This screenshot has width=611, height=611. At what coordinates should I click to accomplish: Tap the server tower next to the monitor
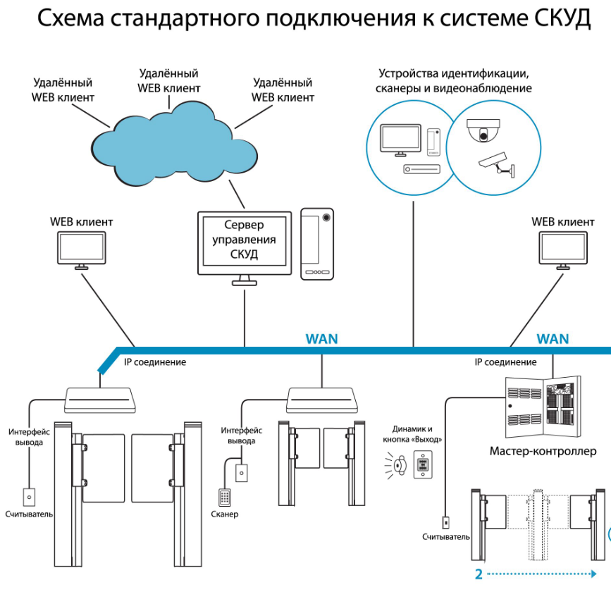[x=316, y=243]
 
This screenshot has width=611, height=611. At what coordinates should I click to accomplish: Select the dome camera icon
[x=483, y=130]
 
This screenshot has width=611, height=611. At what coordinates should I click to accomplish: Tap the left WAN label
[x=321, y=339]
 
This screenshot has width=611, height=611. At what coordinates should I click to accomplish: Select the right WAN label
[x=553, y=339]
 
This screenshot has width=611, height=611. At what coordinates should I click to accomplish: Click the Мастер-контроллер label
[x=543, y=450]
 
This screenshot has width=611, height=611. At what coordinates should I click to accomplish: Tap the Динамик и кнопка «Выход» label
[x=418, y=433]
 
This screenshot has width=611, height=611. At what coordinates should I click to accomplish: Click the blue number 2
[x=479, y=574]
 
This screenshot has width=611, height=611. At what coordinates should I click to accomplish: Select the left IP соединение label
[x=155, y=362]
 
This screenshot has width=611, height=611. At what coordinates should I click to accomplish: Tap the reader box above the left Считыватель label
[x=29, y=497]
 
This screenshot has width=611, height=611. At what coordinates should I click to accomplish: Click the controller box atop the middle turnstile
[x=322, y=401]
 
